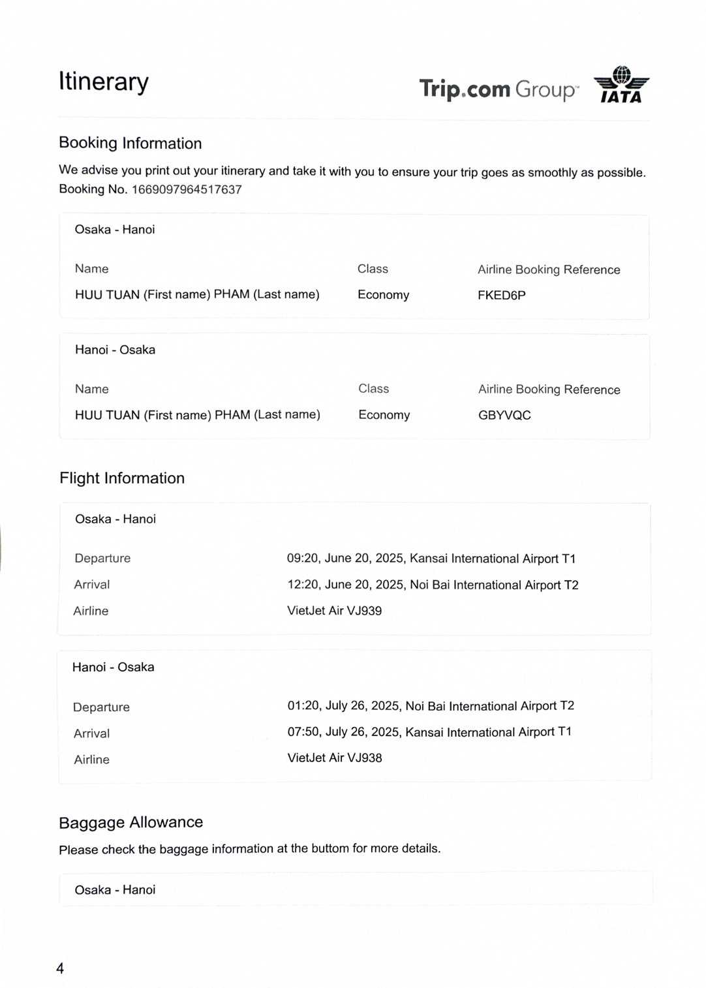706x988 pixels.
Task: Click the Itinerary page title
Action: pyautogui.click(x=104, y=82)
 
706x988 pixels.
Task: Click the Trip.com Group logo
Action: pyautogui.click(x=499, y=89)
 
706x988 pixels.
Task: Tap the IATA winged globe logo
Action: pyautogui.click(x=621, y=85)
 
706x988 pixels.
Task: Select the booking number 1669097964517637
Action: pyautogui.click(x=187, y=189)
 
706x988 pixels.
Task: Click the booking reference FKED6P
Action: pyautogui.click(x=501, y=295)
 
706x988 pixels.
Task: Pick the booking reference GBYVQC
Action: pyautogui.click(x=504, y=415)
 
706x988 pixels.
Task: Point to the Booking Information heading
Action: pyautogui.click(x=130, y=143)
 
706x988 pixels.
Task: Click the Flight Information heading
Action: pyautogui.click(x=122, y=478)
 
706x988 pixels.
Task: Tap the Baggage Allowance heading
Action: pyautogui.click(x=130, y=822)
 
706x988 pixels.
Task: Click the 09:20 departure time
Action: pyautogui.click(x=303, y=558)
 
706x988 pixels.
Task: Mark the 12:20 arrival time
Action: pyautogui.click(x=303, y=584)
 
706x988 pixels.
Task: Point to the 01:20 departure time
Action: pyautogui.click(x=303, y=705)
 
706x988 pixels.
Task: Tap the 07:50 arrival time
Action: pyautogui.click(x=303, y=732)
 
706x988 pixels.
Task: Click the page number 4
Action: pyautogui.click(x=60, y=968)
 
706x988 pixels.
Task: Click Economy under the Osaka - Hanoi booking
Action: pyautogui.click(x=383, y=295)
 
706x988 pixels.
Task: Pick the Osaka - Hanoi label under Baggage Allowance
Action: pyautogui.click(x=115, y=890)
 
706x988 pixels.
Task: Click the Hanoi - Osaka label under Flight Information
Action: pyautogui.click(x=113, y=667)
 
